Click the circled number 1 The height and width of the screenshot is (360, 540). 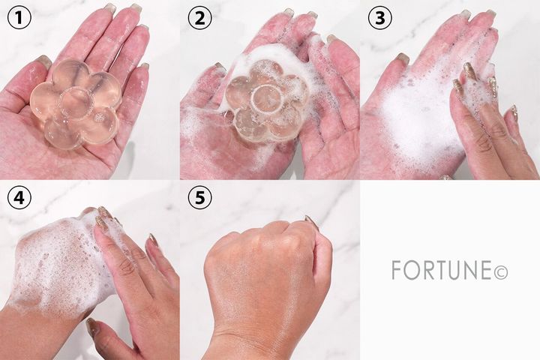coord(19,18)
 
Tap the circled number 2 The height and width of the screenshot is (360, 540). coord(199,18)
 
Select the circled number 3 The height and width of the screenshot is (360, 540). coord(379,18)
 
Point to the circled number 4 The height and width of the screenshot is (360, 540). coord(19,198)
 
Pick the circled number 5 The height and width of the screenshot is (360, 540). coord(199,198)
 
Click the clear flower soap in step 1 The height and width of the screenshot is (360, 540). coord(75,104)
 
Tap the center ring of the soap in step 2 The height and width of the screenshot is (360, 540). coord(265,98)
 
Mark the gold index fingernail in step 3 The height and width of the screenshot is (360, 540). coord(469,70)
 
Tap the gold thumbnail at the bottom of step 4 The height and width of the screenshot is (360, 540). coord(92,326)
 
